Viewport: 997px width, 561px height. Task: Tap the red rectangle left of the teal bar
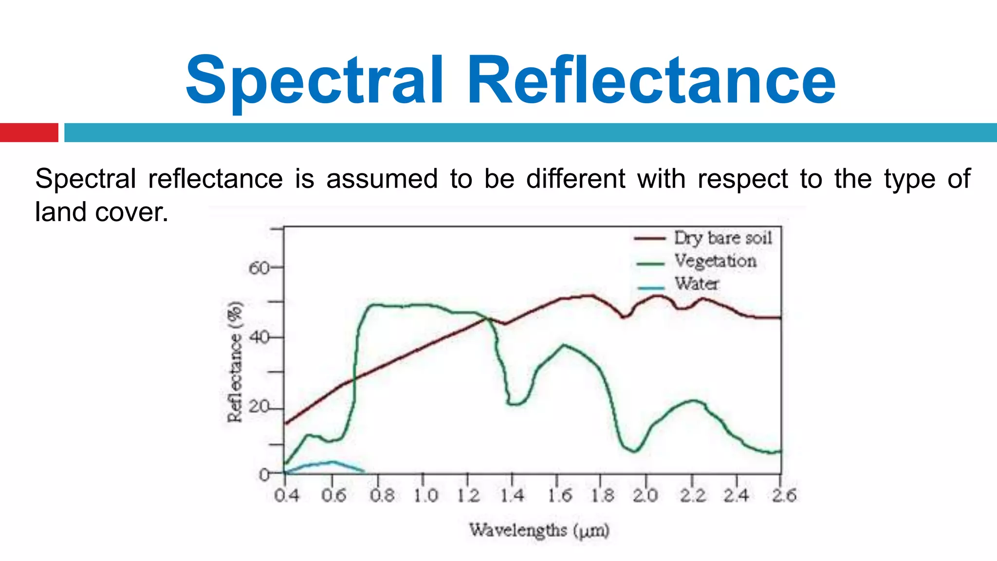coord(29,132)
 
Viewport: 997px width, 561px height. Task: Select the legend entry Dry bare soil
coord(722,238)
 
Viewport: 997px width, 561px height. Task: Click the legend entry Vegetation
coord(715,261)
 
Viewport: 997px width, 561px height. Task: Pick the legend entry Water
coord(696,283)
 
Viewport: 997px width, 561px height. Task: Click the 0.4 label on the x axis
coord(286,496)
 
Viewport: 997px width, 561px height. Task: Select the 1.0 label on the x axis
coord(426,496)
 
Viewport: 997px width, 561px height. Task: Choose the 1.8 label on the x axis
coord(603,496)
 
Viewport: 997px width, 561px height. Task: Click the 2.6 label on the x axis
coord(784,496)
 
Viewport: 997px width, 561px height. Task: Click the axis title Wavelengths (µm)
coord(539,530)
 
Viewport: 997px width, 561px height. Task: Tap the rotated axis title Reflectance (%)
coord(235,361)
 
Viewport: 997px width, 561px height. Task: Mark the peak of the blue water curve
coord(332,462)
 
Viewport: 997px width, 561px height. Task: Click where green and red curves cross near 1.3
coord(487,318)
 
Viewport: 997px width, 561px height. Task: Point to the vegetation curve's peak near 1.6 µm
coord(564,345)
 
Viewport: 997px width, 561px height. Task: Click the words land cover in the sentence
coord(101,212)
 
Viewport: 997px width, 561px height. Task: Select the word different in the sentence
coord(575,179)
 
